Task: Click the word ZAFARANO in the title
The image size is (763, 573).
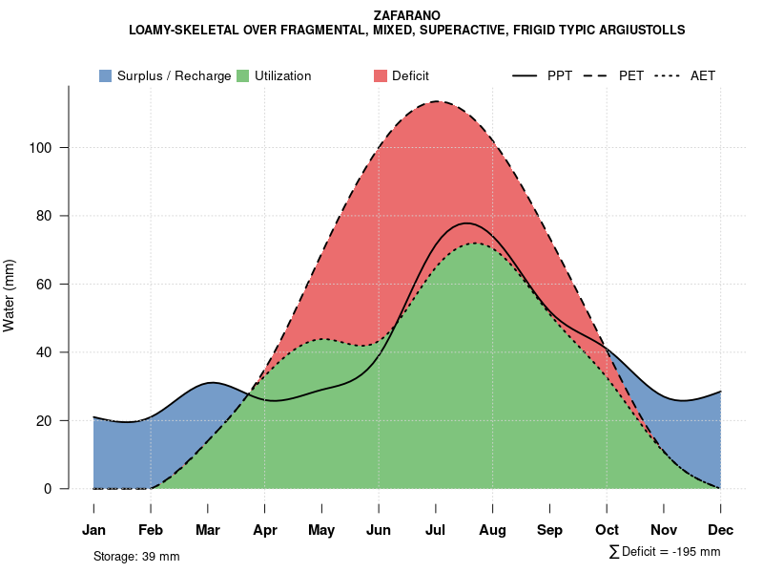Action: [407, 16]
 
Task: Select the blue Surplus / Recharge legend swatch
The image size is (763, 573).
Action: [105, 75]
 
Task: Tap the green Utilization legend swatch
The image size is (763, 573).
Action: [242, 75]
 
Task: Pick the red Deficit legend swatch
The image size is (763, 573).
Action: [380, 75]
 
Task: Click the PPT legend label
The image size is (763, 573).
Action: [560, 75]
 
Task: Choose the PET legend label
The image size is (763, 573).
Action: [631, 75]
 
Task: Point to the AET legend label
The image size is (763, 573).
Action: [703, 75]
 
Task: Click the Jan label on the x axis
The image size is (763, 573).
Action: [93, 530]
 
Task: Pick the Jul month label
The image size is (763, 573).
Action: [436, 530]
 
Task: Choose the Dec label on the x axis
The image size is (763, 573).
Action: [720, 530]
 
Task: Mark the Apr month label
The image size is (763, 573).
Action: [265, 530]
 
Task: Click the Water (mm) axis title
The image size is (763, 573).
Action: [10, 296]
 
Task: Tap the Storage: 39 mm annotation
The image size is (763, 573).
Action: [136, 556]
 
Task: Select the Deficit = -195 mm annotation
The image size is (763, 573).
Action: [665, 552]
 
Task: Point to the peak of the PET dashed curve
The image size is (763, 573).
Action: [437, 101]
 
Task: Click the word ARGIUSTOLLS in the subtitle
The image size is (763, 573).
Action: [638, 31]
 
